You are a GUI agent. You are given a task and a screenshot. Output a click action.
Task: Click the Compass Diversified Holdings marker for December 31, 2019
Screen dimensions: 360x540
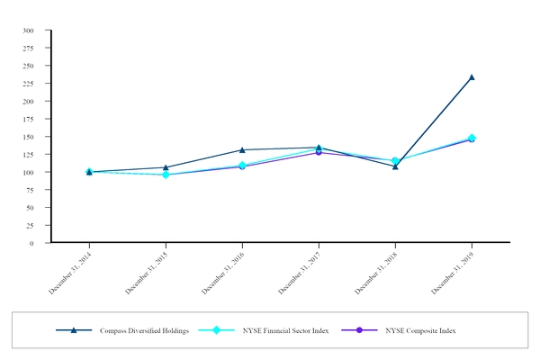[472, 77]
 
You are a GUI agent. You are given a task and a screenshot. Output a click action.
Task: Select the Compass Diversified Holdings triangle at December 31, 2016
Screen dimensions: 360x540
[242, 149]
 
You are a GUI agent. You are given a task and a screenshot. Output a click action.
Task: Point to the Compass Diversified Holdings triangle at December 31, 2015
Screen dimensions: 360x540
[166, 167]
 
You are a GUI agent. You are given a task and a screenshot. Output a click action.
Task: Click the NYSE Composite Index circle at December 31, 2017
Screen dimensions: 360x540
[319, 152]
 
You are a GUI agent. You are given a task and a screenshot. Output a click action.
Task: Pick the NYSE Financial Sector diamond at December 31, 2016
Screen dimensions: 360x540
[242, 166]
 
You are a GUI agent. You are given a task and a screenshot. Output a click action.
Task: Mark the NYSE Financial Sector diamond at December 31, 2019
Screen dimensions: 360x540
[472, 138]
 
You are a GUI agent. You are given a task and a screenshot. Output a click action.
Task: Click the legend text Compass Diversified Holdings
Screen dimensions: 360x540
[142, 331]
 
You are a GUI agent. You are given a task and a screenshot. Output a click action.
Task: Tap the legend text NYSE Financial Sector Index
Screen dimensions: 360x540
[285, 331]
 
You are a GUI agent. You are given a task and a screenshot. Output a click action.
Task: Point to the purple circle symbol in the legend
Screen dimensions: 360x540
[359, 330]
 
